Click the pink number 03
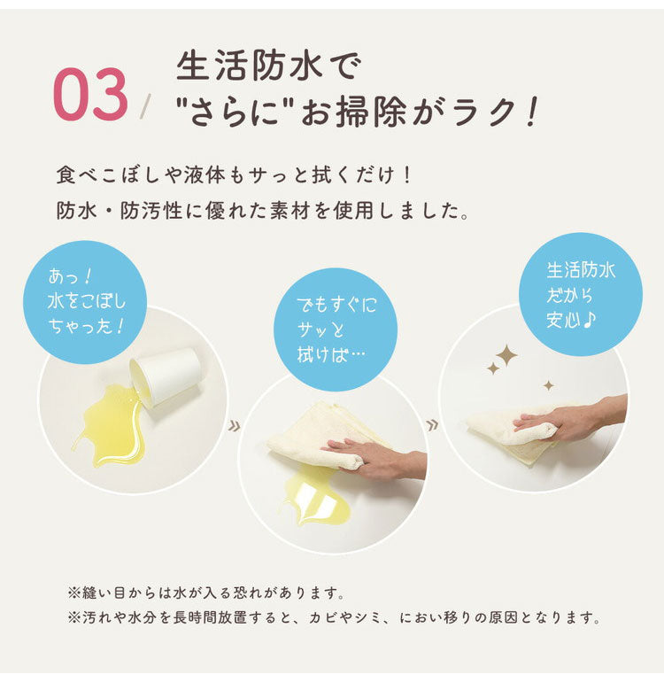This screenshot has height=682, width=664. (x=90, y=95)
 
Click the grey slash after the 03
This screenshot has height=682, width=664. (x=146, y=106)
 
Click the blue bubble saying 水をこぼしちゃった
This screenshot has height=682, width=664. (x=85, y=302)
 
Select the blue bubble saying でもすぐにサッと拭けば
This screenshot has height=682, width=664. (x=336, y=329)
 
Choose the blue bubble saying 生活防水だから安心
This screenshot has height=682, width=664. (x=581, y=294)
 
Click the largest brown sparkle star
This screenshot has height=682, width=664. (x=506, y=356)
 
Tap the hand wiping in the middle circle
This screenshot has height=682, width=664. (x=374, y=460)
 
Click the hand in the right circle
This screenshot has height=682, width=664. (x=569, y=417)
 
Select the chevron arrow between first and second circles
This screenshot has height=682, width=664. (x=234, y=426)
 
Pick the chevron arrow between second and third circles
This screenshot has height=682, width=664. (x=432, y=424)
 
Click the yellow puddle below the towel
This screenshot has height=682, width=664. (x=313, y=496)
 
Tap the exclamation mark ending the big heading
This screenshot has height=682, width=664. (x=531, y=112)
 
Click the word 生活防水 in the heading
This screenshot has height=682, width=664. (x=249, y=66)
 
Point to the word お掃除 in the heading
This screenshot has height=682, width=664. (x=353, y=112)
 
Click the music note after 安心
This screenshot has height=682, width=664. (x=589, y=320)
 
